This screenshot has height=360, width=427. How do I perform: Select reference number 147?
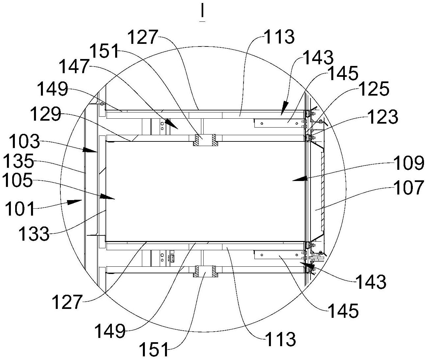click(x=74, y=66)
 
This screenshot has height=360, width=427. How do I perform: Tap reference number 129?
click(x=46, y=114)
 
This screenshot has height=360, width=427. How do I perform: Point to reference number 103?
click(x=24, y=141)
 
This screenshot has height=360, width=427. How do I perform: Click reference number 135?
click(x=19, y=161)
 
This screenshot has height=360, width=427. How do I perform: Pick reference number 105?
click(x=17, y=180)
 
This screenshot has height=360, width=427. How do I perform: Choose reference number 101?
click(x=20, y=208)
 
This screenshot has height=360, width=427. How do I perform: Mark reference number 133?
click(x=34, y=234)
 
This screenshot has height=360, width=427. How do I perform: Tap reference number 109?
click(x=409, y=163)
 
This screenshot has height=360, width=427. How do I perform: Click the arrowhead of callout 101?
click(x=75, y=202)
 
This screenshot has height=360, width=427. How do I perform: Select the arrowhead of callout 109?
click(x=300, y=178)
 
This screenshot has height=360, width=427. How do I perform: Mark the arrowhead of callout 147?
click(x=172, y=124)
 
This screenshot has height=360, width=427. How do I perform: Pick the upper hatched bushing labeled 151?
click(x=206, y=140)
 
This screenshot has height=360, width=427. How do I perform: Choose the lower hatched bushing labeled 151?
click(x=206, y=271)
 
